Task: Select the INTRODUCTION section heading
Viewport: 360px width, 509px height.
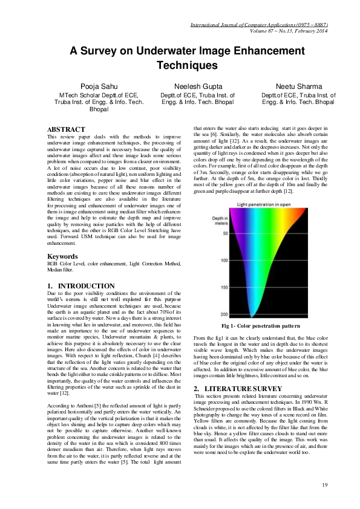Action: [x=80, y=285]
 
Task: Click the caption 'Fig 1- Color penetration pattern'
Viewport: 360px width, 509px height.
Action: [x=261, y=326]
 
